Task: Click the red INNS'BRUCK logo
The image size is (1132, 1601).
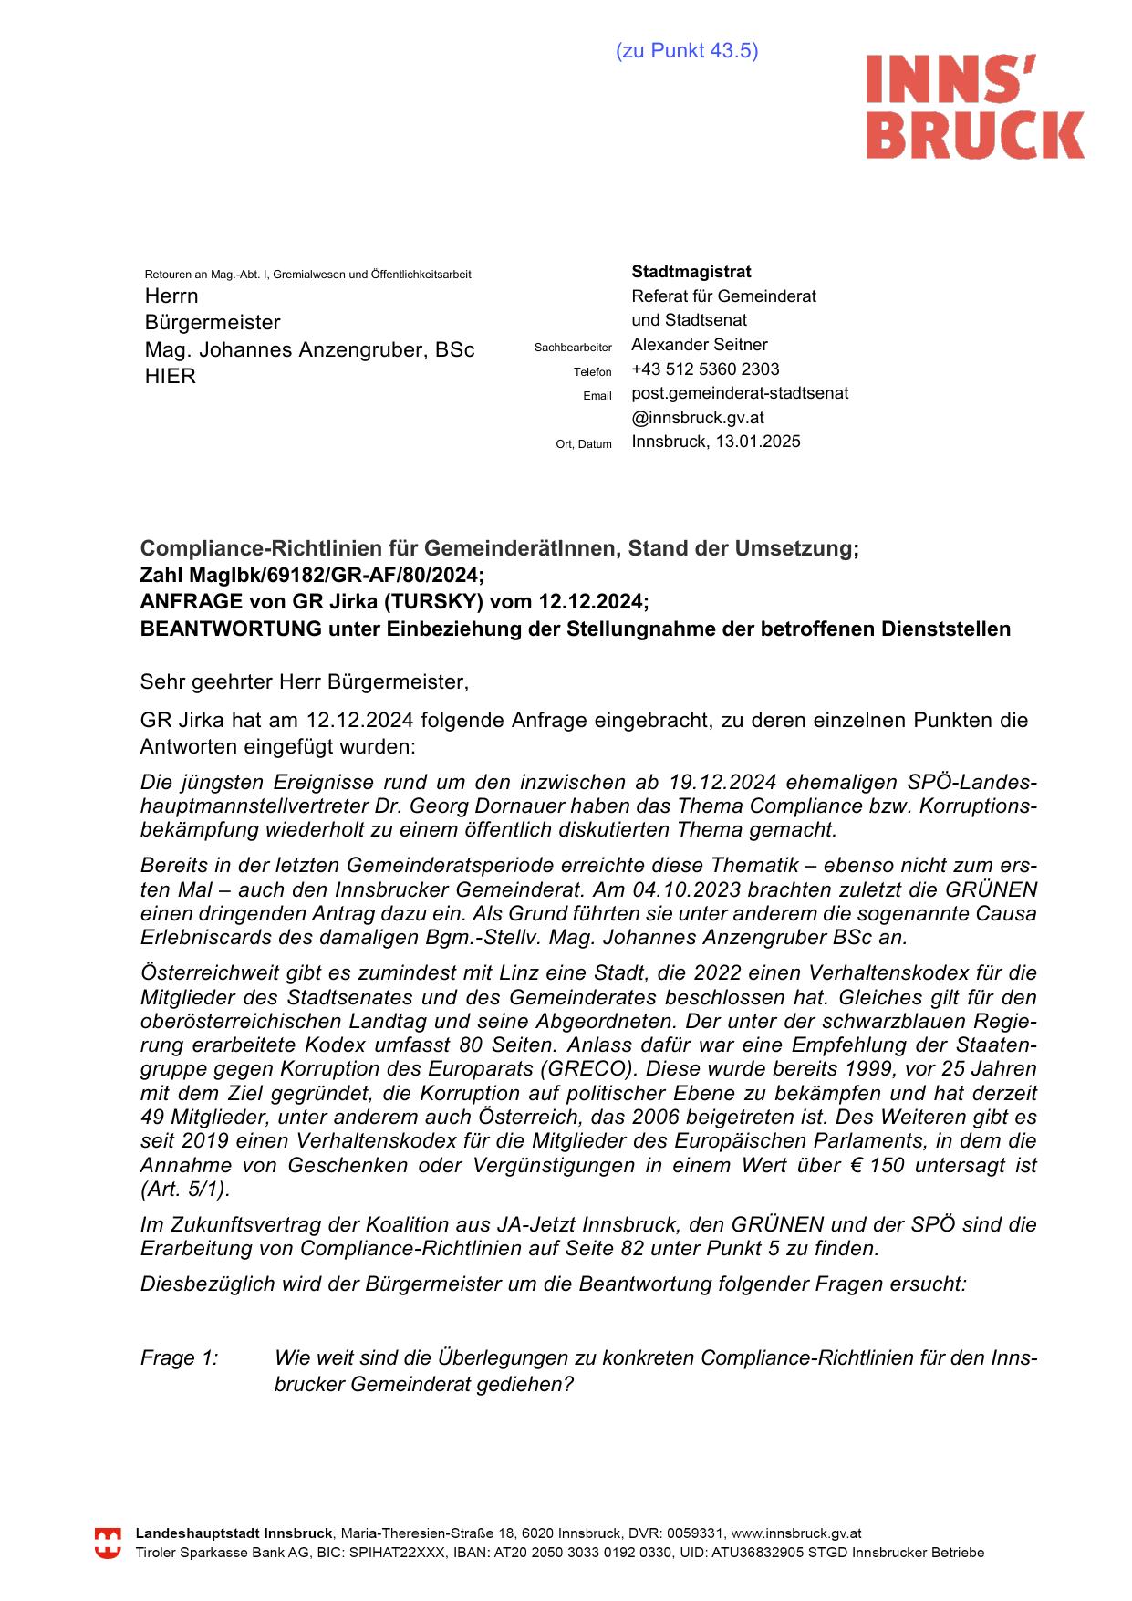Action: tap(974, 107)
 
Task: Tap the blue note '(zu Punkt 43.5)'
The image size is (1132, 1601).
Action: tap(687, 51)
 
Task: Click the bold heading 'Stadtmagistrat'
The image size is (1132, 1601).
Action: tap(691, 272)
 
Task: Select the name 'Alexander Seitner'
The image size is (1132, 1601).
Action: tap(700, 345)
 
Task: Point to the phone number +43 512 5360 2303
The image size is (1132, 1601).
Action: tap(705, 369)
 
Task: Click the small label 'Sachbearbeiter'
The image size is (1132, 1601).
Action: tap(573, 348)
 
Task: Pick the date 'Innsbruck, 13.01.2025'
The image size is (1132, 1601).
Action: tap(716, 442)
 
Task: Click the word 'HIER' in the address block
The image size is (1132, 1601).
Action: tap(171, 377)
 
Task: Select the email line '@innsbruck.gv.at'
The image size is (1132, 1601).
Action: tap(698, 418)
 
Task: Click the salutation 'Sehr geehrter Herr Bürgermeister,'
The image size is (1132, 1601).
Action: tap(304, 681)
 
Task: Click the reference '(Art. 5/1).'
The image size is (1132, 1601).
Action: tap(186, 1190)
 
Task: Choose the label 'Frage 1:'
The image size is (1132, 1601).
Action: tap(180, 1358)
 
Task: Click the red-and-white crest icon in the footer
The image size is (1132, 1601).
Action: tap(109, 1544)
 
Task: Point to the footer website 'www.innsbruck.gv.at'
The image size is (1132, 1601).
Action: tap(796, 1534)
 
